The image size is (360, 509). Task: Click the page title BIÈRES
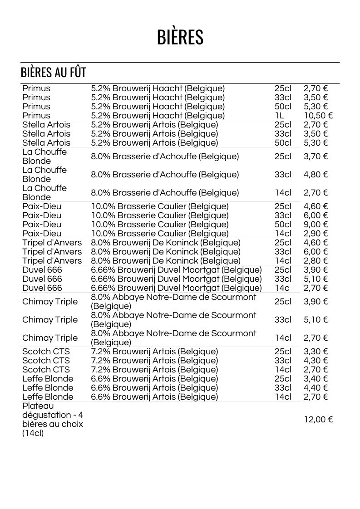(x=180, y=37)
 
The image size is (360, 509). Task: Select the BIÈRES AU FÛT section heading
(x=53, y=73)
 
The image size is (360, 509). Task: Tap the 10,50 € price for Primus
(x=318, y=116)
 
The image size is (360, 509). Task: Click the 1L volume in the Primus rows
(x=280, y=116)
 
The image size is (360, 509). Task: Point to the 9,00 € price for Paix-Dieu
(x=316, y=225)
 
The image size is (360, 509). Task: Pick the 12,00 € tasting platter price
(x=318, y=420)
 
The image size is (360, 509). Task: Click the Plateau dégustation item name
(x=52, y=420)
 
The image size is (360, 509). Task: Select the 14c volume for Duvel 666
(x=282, y=288)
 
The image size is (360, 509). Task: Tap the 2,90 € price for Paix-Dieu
(x=316, y=234)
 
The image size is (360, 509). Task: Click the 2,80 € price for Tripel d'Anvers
(x=316, y=261)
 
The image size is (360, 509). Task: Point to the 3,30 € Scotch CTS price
(x=316, y=352)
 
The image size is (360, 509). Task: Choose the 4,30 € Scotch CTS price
(x=316, y=361)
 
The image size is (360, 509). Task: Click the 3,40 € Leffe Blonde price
(x=316, y=379)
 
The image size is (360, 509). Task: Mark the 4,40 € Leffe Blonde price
(x=316, y=388)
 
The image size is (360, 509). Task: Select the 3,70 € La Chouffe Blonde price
(x=316, y=157)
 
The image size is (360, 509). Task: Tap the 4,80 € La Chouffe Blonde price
(x=316, y=175)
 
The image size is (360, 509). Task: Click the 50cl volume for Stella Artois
(x=283, y=143)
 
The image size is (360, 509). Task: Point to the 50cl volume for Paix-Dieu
(x=283, y=225)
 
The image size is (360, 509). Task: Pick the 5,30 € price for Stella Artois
(x=316, y=143)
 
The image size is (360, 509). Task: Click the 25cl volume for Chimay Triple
(x=283, y=302)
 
